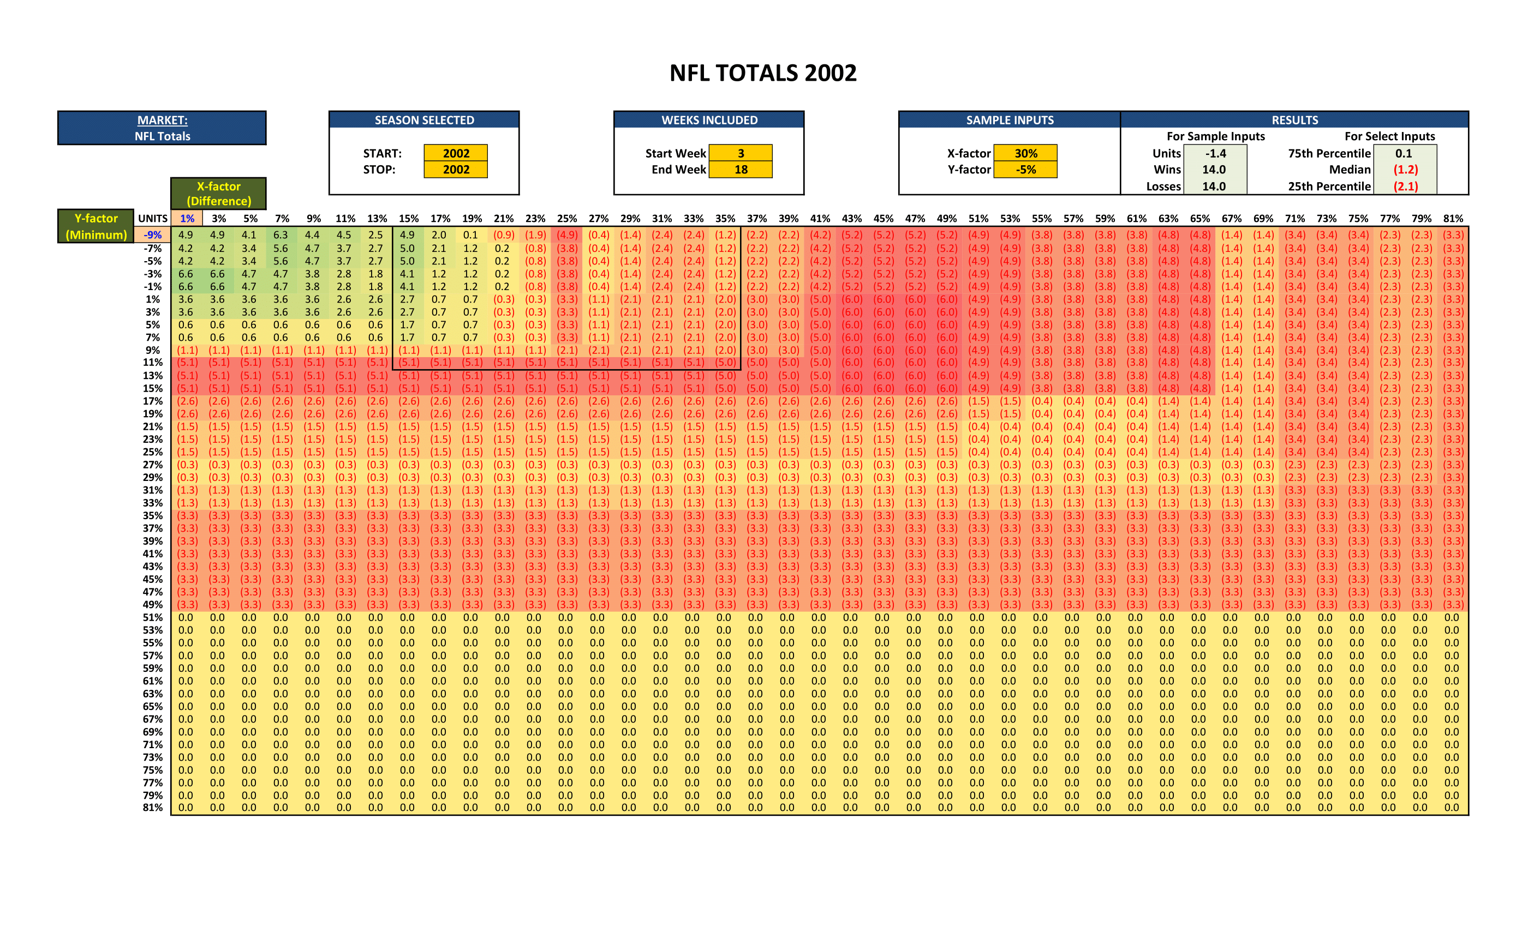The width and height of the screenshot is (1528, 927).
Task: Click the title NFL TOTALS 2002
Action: [x=763, y=73]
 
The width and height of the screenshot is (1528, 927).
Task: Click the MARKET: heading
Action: [x=162, y=120]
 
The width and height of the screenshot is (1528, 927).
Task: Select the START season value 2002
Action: [x=456, y=153]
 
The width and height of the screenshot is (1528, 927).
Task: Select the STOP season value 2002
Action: [x=456, y=169]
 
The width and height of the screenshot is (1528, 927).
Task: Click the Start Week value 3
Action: [x=741, y=153]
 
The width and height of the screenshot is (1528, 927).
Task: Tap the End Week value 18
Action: [x=741, y=169]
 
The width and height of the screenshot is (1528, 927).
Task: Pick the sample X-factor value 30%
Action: [x=1026, y=153]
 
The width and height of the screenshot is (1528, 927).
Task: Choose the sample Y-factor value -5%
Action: [x=1026, y=169]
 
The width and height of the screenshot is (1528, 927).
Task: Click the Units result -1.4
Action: [x=1215, y=153]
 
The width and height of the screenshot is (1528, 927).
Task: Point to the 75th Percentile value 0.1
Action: [x=1404, y=153]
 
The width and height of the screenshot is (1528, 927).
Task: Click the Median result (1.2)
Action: [x=1405, y=169]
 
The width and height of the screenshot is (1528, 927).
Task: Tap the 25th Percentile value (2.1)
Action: [x=1405, y=186]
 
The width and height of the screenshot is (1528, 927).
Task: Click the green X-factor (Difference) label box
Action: [x=218, y=194]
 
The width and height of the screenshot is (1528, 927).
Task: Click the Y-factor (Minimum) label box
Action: [x=96, y=226]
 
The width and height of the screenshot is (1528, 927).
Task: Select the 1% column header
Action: [x=187, y=218]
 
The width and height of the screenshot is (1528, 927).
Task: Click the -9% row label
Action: [x=153, y=235]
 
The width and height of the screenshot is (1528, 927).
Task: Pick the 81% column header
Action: [x=1453, y=218]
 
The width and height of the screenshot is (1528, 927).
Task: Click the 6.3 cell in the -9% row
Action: [x=281, y=235]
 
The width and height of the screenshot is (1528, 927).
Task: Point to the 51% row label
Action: [x=153, y=617]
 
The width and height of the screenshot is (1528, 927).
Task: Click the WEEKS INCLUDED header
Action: [x=709, y=120]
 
